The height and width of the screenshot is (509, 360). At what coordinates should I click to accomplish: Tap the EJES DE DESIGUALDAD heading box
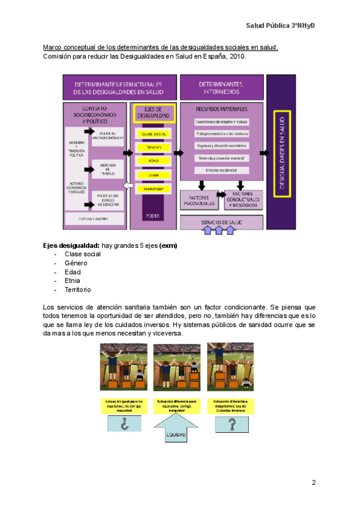pos(154,112)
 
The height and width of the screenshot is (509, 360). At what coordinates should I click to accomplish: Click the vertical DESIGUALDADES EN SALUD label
pos(281,151)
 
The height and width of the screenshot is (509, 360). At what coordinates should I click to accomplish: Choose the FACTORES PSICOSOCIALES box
pos(199,201)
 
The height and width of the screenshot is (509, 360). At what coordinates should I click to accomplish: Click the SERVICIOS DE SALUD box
pos(221,221)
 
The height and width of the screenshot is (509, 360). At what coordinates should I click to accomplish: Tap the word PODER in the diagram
pos(154,215)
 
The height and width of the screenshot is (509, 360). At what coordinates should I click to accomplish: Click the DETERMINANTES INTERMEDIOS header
pos(221,88)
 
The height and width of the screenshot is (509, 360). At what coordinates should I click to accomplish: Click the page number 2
pos(314,483)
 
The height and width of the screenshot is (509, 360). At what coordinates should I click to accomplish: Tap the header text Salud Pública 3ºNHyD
pos(280,26)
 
